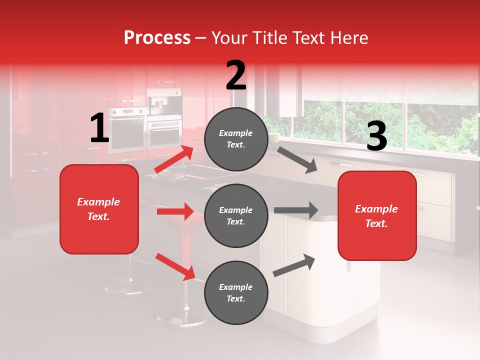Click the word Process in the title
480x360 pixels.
tap(157, 38)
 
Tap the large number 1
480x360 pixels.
tap(99, 128)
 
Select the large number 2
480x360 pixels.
tap(236, 75)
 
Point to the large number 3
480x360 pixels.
tap(376, 136)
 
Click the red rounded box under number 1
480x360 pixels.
tap(99, 209)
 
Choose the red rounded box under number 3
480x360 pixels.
tap(377, 216)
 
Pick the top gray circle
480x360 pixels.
tap(236, 139)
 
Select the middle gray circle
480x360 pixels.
tap(236, 216)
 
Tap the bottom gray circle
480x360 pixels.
tap(236, 293)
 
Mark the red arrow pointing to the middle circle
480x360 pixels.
tap(175, 211)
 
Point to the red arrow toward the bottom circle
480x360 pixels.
tap(175, 266)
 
